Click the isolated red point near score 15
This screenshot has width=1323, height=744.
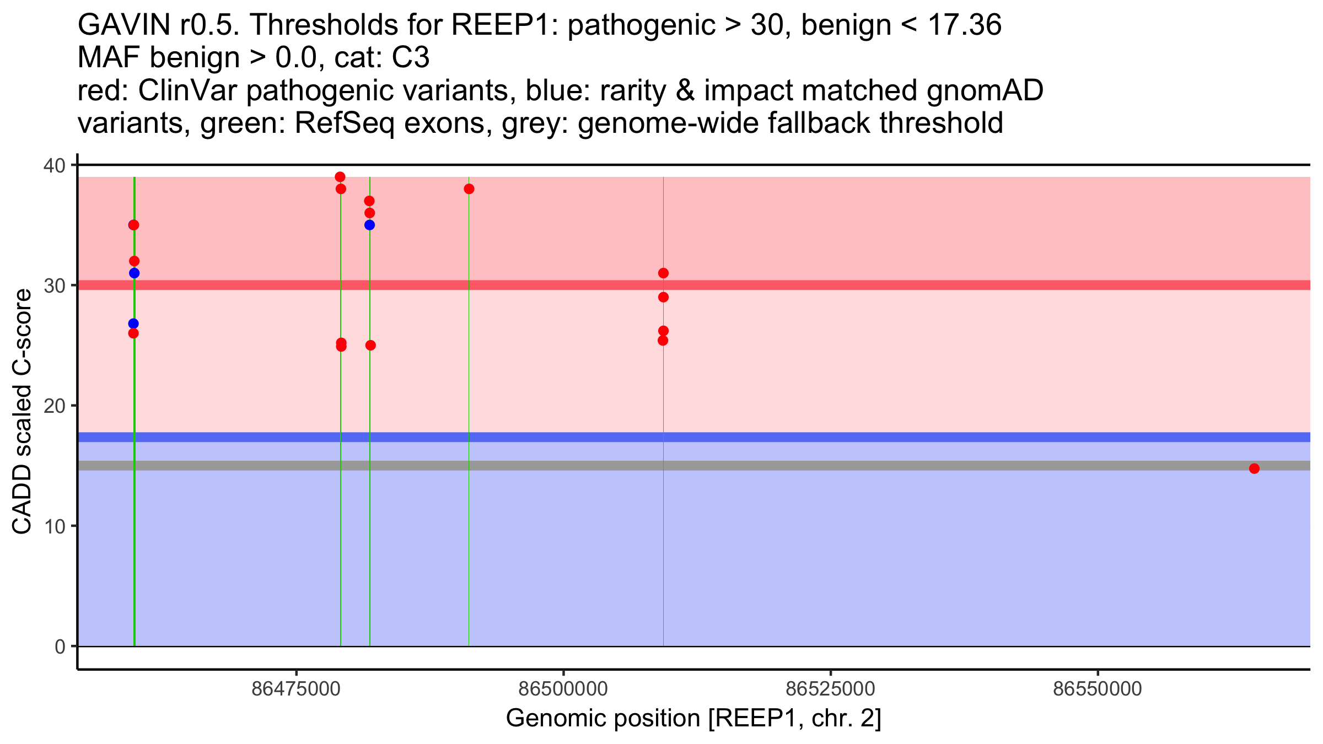click(x=1254, y=468)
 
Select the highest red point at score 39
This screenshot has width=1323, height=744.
click(x=340, y=177)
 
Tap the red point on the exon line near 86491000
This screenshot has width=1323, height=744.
click(x=469, y=189)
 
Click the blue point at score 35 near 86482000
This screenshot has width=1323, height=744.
click(x=369, y=225)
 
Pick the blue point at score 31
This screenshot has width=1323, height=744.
click(x=134, y=273)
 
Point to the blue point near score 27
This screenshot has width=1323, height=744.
click(x=133, y=324)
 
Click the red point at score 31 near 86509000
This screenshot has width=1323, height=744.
click(x=663, y=273)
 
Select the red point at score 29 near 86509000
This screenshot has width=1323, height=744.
click(x=663, y=297)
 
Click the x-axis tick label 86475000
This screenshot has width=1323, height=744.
click(x=296, y=689)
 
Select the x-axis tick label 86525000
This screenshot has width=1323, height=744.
click(x=830, y=689)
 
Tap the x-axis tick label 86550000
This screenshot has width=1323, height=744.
click(x=1098, y=689)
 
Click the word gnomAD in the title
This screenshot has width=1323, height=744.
click(x=985, y=90)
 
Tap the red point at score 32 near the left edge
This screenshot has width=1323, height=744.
click(x=134, y=261)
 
